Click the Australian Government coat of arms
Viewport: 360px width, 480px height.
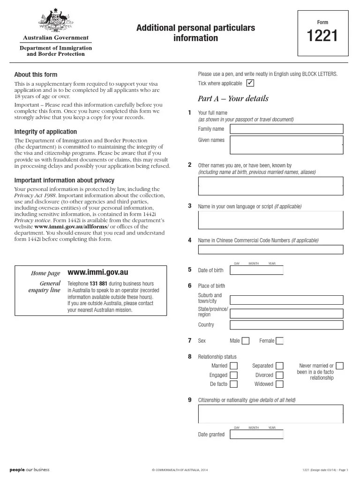55,22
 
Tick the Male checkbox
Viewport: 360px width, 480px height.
246,341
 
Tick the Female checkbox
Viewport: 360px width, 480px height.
279,341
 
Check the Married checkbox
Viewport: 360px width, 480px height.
233,366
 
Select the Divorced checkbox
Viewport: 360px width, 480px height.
279,375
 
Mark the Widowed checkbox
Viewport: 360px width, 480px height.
279,384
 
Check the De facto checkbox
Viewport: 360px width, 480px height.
233,384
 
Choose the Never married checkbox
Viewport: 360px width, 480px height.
340,366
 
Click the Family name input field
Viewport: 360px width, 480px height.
287,129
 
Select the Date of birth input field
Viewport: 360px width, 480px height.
257,270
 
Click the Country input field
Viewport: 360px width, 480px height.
287,325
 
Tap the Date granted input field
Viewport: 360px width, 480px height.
257,435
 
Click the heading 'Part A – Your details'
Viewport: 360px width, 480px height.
233,98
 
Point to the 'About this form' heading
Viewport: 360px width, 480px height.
36,75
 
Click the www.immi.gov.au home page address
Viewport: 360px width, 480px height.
98,272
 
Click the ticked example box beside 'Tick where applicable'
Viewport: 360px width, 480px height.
250,83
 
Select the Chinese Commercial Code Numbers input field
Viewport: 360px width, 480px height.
270,249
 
